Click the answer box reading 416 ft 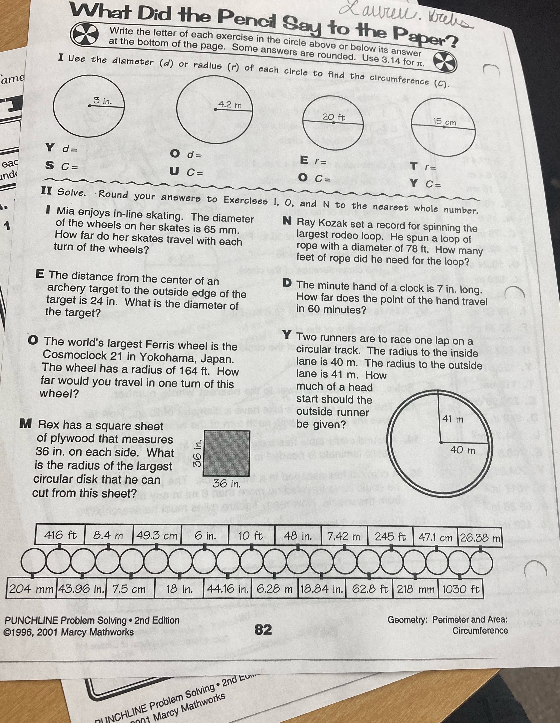(60, 535)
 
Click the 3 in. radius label (102, 101)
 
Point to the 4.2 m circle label (230, 105)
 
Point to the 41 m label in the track (453, 419)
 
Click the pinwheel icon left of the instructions (85, 34)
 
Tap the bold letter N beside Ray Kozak (287, 220)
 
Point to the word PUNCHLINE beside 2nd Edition (31, 620)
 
